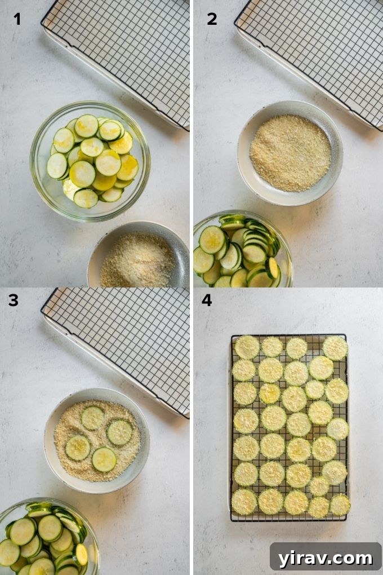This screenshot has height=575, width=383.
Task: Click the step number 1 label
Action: point(17,19)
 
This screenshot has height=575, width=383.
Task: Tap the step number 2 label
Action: point(212,19)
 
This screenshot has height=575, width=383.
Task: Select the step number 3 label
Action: point(13,300)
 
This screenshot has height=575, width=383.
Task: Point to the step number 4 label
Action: point(207,300)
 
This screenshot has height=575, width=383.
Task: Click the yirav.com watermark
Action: point(326,558)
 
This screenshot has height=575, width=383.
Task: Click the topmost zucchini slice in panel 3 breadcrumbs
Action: point(92,418)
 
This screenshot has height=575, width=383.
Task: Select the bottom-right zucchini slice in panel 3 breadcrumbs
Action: point(104,459)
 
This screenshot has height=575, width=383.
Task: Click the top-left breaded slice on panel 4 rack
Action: point(247,347)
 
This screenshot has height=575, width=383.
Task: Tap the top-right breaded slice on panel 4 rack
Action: point(335,348)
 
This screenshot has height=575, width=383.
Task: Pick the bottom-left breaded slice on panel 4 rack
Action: point(244,501)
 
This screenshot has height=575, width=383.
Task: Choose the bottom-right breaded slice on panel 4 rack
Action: point(340,505)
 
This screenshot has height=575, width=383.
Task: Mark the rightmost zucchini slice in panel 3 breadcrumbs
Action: point(119,432)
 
